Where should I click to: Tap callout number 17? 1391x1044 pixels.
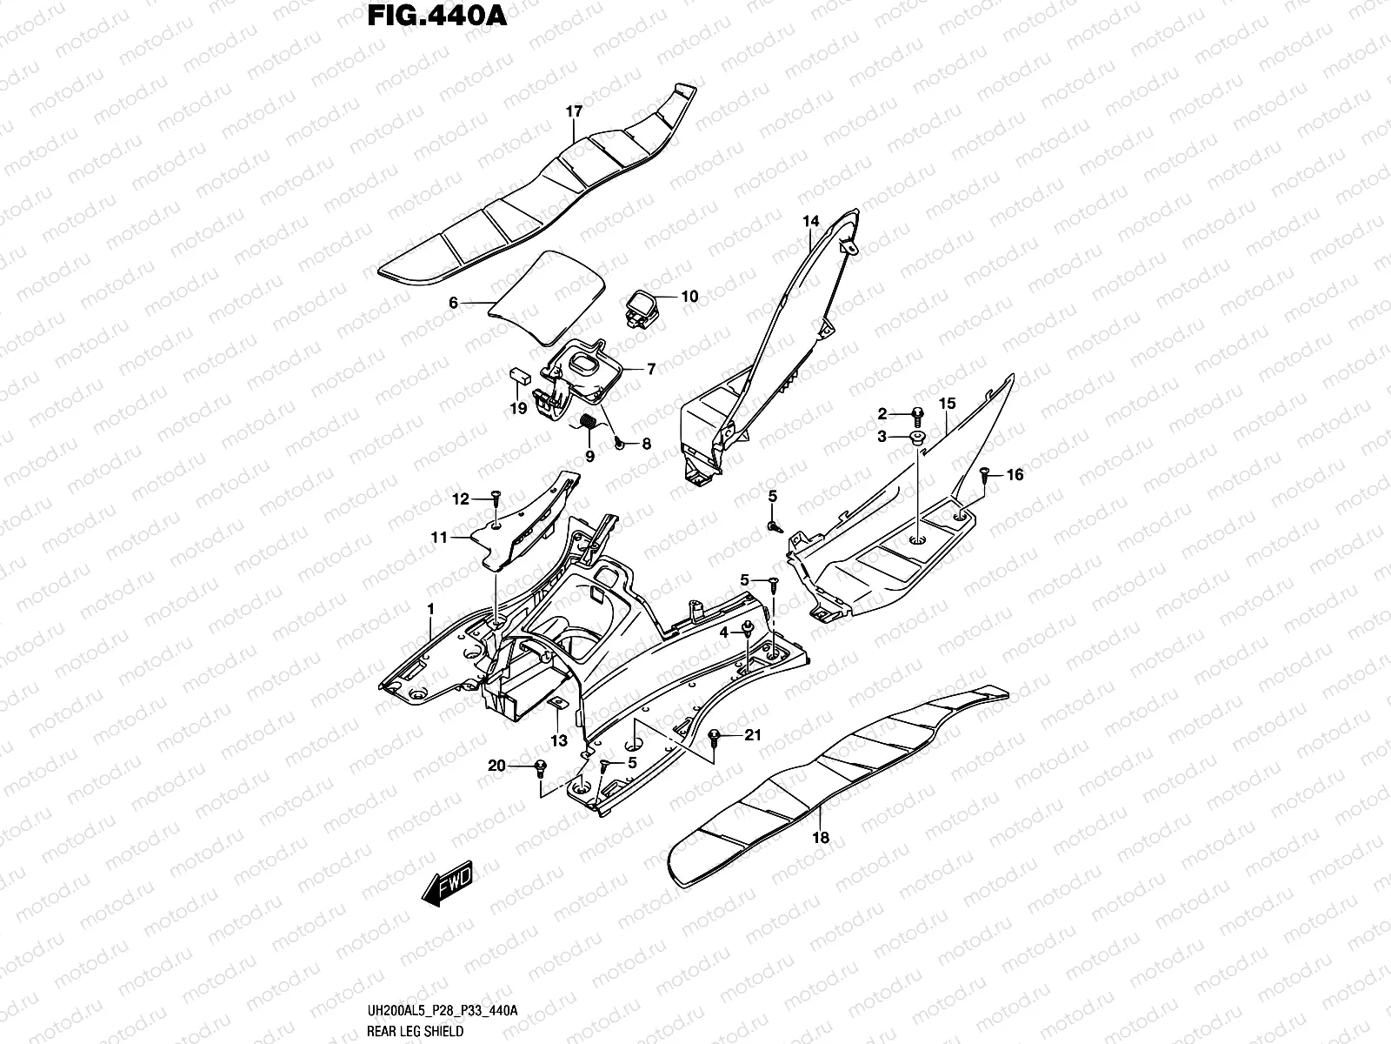pyautogui.click(x=574, y=111)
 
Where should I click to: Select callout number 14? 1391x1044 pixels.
pyautogui.click(x=810, y=222)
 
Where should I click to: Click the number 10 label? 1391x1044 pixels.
pyautogui.click(x=689, y=297)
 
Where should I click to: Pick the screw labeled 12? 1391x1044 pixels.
pyautogui.click(x=495, y=496)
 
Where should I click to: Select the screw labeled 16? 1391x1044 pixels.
pyautogui.click(x=984, y=474)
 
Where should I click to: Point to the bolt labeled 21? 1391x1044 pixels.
pyautogui.click(x=715, y=737)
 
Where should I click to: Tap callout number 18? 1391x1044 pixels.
pyautogui.click(x=821, y=838)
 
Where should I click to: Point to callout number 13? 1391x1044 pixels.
pyautogui.click(x=558, y=740)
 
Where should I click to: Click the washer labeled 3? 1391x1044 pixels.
pyautogui.click(x=916, y=436)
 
